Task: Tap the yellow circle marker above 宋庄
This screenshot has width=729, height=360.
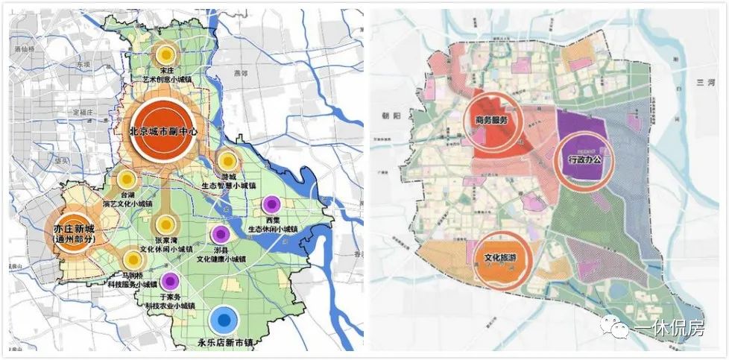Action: point(166,54)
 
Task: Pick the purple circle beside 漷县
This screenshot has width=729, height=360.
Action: point(219,234)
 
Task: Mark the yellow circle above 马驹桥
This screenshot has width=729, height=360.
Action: point(133,259)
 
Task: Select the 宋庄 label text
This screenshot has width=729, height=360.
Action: point(165,71)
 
